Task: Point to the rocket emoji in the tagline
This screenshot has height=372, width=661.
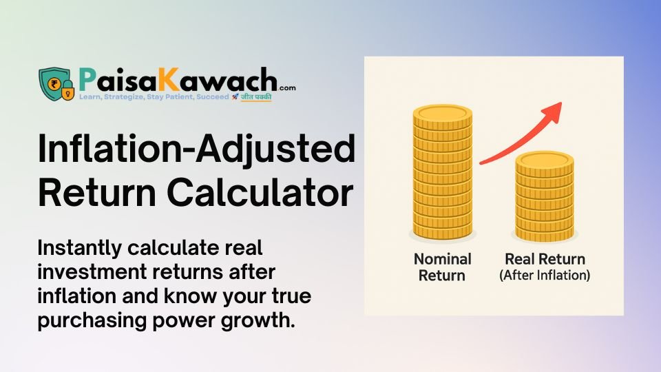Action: (235, 97)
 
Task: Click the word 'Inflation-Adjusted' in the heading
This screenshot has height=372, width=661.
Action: (196, 151)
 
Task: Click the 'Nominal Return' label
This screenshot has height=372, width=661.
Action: (443, 267)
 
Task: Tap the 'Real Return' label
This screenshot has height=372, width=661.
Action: (545, 260)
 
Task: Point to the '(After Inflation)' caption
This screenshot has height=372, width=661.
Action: (545, 276)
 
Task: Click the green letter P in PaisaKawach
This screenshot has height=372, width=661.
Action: (87, 79)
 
